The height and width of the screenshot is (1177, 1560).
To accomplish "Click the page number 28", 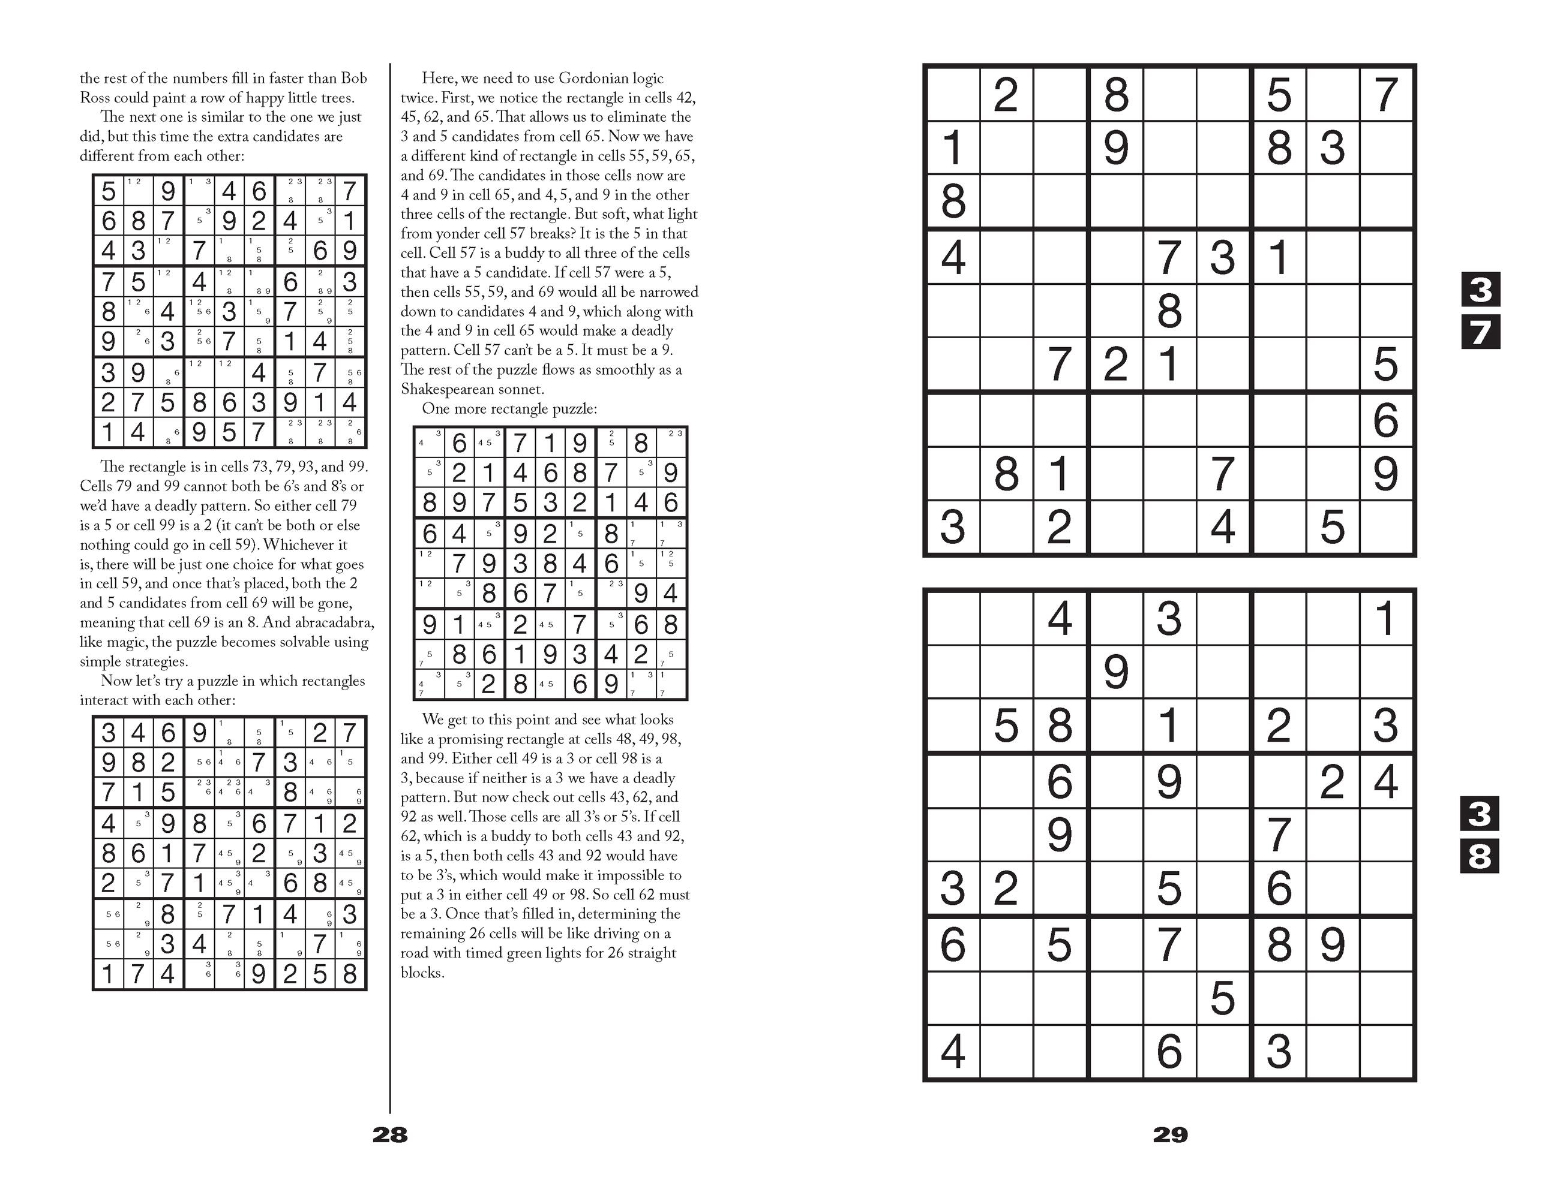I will click(x=390, y=1134).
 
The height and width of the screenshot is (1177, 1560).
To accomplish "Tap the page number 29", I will click(x=1170, y=1134).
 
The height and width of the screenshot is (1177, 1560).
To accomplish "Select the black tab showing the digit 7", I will click(x=1480, y=333).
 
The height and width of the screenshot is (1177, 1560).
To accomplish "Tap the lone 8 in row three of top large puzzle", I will click(x=953, y=201).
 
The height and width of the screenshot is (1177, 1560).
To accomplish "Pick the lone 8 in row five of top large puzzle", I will click(x=1169, y=311).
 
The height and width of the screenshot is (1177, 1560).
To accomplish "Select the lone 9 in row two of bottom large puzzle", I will click(x=1115, y=672).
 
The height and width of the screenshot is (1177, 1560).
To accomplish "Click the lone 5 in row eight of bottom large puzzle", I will click(x=1222, y=998).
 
